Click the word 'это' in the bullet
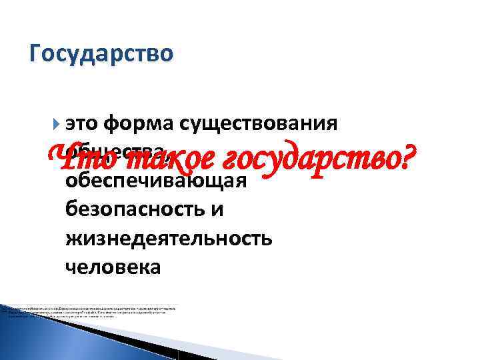85,124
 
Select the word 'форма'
140,124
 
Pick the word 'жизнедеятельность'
169,238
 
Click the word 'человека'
113,267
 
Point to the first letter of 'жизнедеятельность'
73,238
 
